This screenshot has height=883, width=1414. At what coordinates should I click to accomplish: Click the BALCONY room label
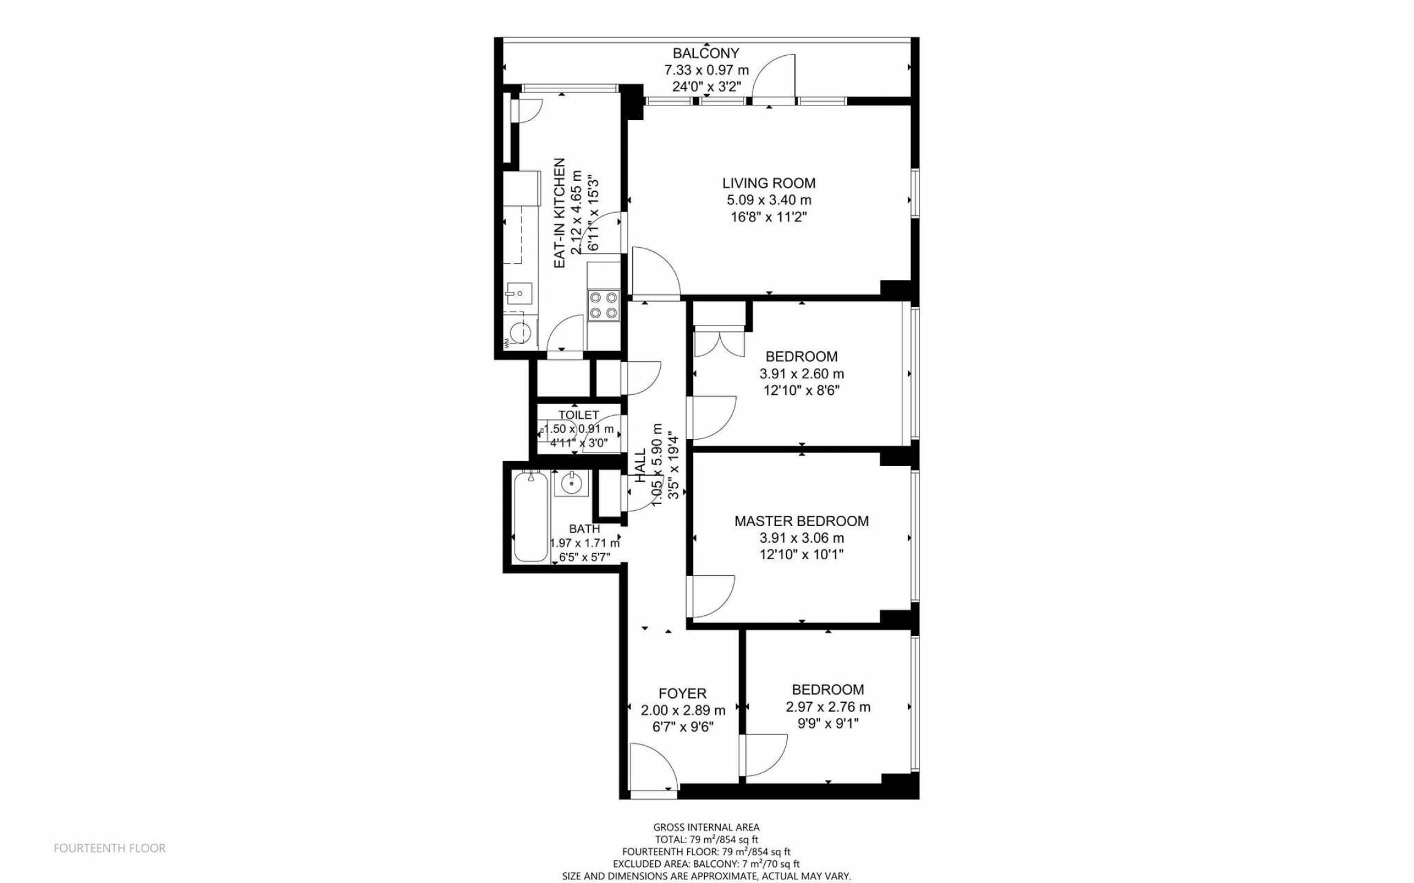point(706,53)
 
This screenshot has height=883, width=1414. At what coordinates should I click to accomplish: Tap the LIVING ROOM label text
point(769,183)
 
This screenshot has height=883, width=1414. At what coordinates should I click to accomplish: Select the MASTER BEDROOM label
point(801,521)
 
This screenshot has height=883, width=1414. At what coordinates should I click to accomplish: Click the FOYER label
point(682,694)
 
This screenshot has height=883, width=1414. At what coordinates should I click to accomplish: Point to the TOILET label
point(578,415)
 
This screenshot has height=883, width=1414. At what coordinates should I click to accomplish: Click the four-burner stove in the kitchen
point(604,305)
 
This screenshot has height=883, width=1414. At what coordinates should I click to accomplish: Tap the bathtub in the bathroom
point(530,516)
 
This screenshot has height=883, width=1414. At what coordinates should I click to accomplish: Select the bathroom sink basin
point(572,483)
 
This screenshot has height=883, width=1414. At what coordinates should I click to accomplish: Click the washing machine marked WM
point(520,332)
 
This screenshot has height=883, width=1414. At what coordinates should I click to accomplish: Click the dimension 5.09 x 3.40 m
point(769,200)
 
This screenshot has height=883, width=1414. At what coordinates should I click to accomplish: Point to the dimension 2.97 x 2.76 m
point(828,707)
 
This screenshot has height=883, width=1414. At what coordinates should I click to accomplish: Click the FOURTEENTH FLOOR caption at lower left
point(109,849)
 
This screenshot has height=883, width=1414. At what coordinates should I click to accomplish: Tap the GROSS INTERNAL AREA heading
point(706,827)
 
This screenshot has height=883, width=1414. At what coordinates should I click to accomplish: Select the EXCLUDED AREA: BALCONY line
point(706,864)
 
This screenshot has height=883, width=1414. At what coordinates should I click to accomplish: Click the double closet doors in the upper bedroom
point(719,344)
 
